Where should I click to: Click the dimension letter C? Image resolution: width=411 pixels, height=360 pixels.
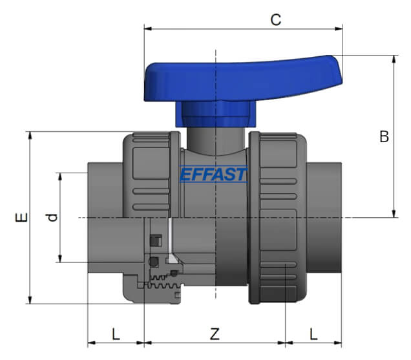[276, 19]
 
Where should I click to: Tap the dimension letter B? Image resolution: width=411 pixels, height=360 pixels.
[384, 137]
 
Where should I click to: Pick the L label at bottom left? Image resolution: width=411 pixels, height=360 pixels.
[116, 334]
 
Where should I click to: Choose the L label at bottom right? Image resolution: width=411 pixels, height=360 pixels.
[313, 334]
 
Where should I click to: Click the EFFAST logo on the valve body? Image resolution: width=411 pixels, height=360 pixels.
[213, 175]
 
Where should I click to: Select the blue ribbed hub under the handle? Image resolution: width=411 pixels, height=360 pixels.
[213, 114]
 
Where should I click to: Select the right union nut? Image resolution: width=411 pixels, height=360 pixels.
[278, 217]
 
